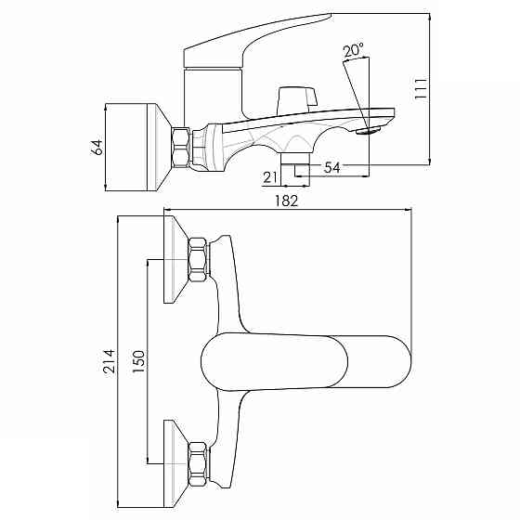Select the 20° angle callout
[353, 50]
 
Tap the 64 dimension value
[97, 148]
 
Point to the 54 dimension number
[332, 167]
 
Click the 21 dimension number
[269, 177]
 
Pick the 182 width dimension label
[287, 201]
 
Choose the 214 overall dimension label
[110, 361]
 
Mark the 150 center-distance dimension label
[138, 361]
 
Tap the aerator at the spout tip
[368, 131]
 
